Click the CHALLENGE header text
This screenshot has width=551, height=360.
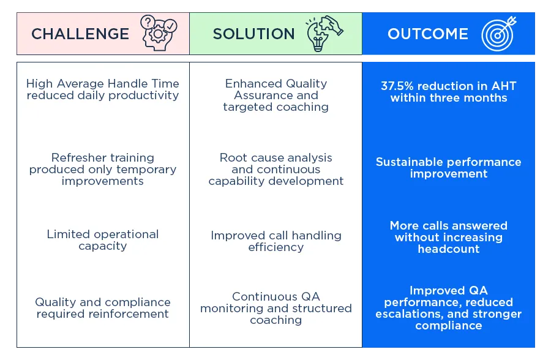(80, 34)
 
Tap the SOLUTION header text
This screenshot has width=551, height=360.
(253, 34)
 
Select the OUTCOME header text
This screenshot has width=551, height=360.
(428, 34)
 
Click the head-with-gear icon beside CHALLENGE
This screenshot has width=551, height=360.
(159, 33)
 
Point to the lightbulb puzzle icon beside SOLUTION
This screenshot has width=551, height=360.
(324, 34)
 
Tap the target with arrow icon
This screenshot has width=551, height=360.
(499, 34)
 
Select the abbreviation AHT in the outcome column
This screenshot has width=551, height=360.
(504, 86)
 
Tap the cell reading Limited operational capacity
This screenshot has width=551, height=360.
(103, 240)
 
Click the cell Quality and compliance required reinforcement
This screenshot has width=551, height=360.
(103, 308)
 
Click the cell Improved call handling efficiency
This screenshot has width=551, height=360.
(276, 241)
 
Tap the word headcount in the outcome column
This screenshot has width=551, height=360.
(449, 249)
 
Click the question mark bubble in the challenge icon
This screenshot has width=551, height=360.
(148, 22)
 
